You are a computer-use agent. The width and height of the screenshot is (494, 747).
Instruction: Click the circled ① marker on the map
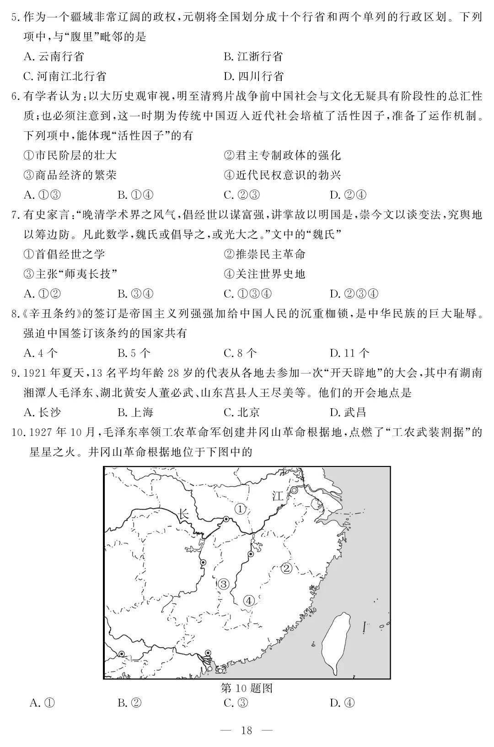(x=241, y=509)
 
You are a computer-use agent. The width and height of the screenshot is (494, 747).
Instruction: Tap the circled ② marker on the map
(x=286, y=568)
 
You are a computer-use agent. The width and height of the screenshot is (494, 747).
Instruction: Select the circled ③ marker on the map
(x=223, y=584)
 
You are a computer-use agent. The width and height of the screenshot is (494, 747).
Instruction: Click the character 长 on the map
(x=183, y=514)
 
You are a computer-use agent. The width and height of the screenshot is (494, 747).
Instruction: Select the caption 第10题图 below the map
(x=247, y=688)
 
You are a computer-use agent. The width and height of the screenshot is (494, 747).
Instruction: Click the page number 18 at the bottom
(x=247, y=730)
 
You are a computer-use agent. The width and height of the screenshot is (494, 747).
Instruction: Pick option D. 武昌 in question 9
(x=348, y=412)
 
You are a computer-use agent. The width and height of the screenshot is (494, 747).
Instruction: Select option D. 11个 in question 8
(x=349, y=353)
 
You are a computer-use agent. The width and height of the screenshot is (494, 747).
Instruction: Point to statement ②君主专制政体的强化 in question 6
(x=282, y=155)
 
